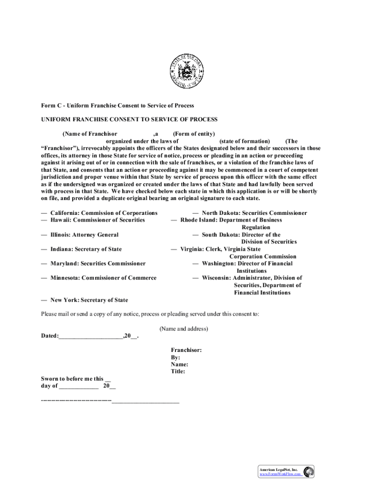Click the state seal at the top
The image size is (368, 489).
coord(184,73)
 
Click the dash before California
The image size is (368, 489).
coord(44,213)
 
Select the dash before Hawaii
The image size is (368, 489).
coord(44,220)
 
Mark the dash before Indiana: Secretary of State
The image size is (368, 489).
coord(44,249)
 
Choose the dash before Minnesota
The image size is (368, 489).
coord(44,278)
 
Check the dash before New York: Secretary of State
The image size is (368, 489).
coord(44,300)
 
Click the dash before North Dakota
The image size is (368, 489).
coord(195,213)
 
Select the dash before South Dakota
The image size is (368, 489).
coord(195,235)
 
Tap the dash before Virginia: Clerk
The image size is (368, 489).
coord(174,249)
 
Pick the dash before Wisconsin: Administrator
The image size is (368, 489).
coord(195,278)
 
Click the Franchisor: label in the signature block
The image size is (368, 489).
coord(186,350)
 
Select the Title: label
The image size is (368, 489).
coord(178,372)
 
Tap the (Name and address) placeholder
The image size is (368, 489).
coord(184,329)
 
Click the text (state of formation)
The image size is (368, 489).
coord(244,141)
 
